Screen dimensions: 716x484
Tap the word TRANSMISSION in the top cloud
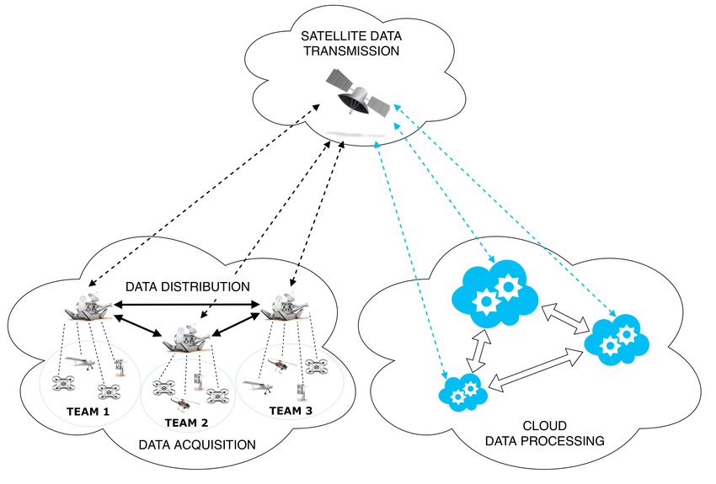coord(351,51)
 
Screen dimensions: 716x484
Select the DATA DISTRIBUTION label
coord(188,286)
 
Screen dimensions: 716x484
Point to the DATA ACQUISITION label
coord(197,444)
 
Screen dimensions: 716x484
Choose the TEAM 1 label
coord(88,412)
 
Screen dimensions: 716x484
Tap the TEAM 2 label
coord(186,423)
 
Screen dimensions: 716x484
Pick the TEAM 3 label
coord(291,411)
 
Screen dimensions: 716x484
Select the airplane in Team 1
coord(80,363)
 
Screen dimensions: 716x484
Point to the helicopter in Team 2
coord(184,404)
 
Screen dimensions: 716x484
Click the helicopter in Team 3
coord(281,364)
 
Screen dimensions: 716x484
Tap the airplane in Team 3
coord(258,386)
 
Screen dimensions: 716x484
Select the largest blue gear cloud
coord(495,294)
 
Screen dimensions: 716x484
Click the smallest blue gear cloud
coord(463,392)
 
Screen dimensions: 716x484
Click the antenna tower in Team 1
coord(120,367)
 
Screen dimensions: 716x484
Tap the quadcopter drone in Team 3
coord(316,366)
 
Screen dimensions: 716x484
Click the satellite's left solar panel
coord(340,80)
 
